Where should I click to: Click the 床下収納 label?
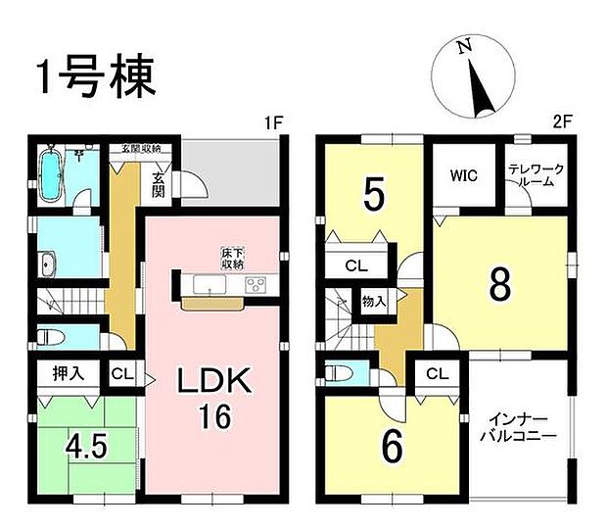(x=231, y=260)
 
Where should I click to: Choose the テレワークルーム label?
(x=537, y=176)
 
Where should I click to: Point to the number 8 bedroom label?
(x=499, y=284)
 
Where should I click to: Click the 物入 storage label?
(x=373, y=301)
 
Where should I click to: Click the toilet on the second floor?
(x=337, y=373)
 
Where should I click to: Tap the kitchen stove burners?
(x=257, y=285)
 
